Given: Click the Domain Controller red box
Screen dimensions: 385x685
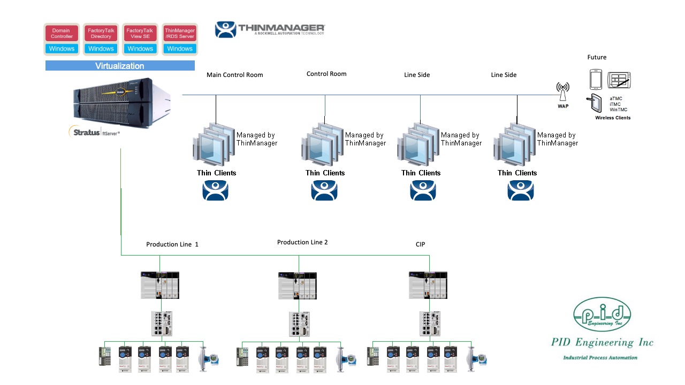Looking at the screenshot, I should [62, 33].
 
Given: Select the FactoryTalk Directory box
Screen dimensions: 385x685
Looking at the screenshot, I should [101, 33].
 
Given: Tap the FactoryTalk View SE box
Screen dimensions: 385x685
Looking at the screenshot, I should [140, 33].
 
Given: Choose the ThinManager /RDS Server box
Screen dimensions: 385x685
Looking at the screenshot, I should [180, 33].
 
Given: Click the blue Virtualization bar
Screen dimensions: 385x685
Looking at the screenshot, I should [120, 66].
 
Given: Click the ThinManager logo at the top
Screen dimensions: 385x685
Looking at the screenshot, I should [270, 29].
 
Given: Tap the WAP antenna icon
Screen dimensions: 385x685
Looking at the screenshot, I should [562, 91].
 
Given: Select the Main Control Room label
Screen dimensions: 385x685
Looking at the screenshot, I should [235, 75].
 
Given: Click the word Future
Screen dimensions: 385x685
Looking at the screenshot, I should [597, 57].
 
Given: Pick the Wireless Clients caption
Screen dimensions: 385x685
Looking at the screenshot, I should [613, 118].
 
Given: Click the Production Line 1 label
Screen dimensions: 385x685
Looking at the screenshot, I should [172, 244].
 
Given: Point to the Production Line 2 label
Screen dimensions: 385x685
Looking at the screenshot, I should [302, 242].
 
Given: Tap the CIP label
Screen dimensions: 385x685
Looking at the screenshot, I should [420, 244].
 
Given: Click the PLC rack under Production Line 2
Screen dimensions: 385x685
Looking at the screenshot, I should [298, 286].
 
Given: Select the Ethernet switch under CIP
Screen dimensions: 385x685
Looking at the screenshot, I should [430, 324].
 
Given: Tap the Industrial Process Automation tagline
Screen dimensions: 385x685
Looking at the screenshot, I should [600, 357].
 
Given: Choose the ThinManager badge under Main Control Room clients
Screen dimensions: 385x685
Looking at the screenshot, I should [215, 190].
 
